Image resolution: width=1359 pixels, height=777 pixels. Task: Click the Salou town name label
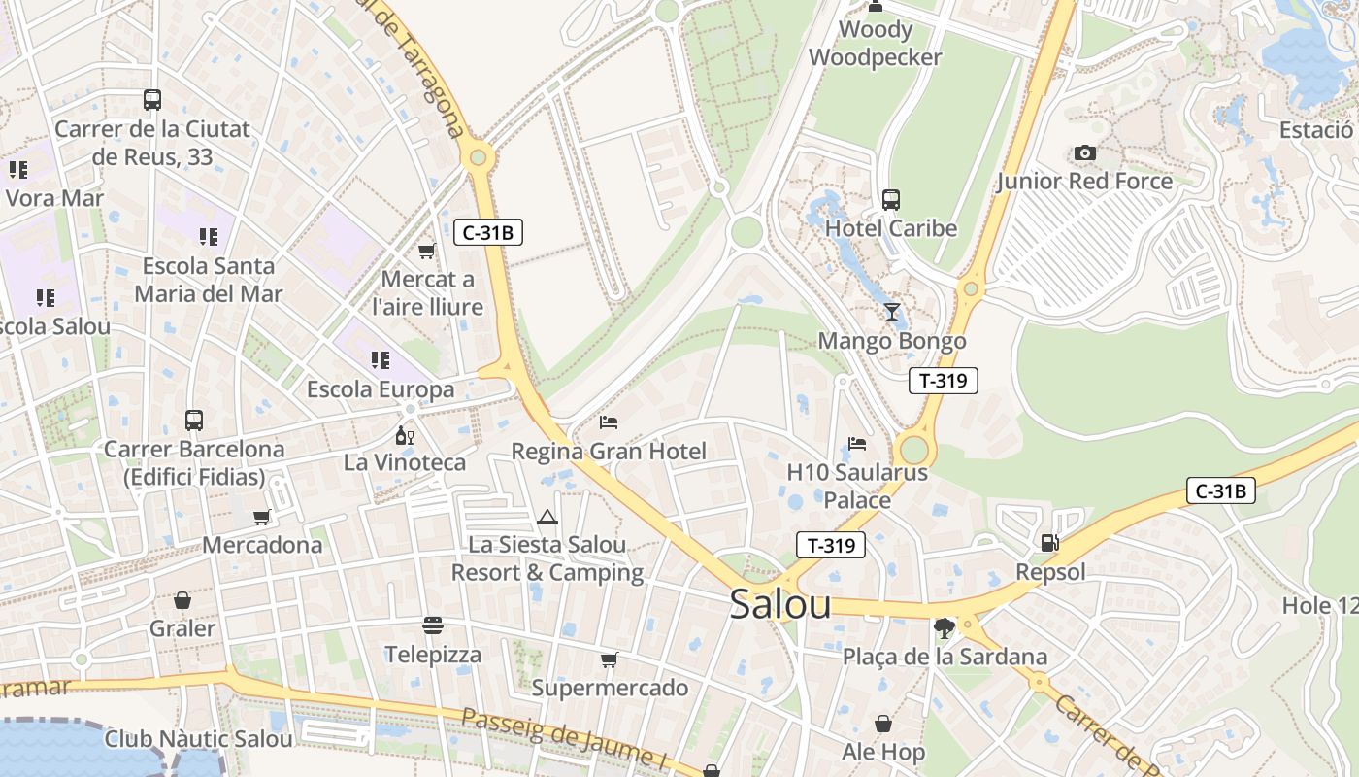tap(779, 604)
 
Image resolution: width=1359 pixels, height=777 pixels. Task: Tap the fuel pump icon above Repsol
tap(1049, 543)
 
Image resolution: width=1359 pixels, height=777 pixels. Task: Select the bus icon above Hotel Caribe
tap(891, 200)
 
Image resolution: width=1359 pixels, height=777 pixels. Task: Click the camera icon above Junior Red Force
tap(1085, 153)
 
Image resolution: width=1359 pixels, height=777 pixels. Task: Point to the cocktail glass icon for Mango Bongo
tap(892, 312)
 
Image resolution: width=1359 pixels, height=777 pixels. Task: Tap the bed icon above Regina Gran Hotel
tap(609, 422)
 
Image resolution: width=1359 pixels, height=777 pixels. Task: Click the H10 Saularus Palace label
tap(856, 487)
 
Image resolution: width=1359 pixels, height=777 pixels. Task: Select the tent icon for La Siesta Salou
tap(547, 517)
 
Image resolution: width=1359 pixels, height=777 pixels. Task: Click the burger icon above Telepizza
tap(433, 625)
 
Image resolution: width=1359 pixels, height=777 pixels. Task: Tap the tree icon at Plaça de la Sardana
tap(944, 628)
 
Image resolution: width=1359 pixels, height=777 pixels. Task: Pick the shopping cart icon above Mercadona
tap(261, 517)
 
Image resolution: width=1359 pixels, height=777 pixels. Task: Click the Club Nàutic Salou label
tap(198, 739)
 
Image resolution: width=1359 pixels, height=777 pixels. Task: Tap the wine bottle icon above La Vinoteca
tap(405, 435)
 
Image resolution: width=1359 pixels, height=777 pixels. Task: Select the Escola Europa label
tap(381, 389)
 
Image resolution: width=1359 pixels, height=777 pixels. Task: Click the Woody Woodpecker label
tap(875, 44)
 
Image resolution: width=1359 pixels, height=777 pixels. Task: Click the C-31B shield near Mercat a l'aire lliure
tap(488, 232)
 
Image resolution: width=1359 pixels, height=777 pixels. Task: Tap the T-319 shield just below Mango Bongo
tap(943, 381)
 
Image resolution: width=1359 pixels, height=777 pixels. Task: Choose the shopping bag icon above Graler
tap(182, 600)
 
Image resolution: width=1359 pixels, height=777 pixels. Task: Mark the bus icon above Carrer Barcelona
tap(194, 421)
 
